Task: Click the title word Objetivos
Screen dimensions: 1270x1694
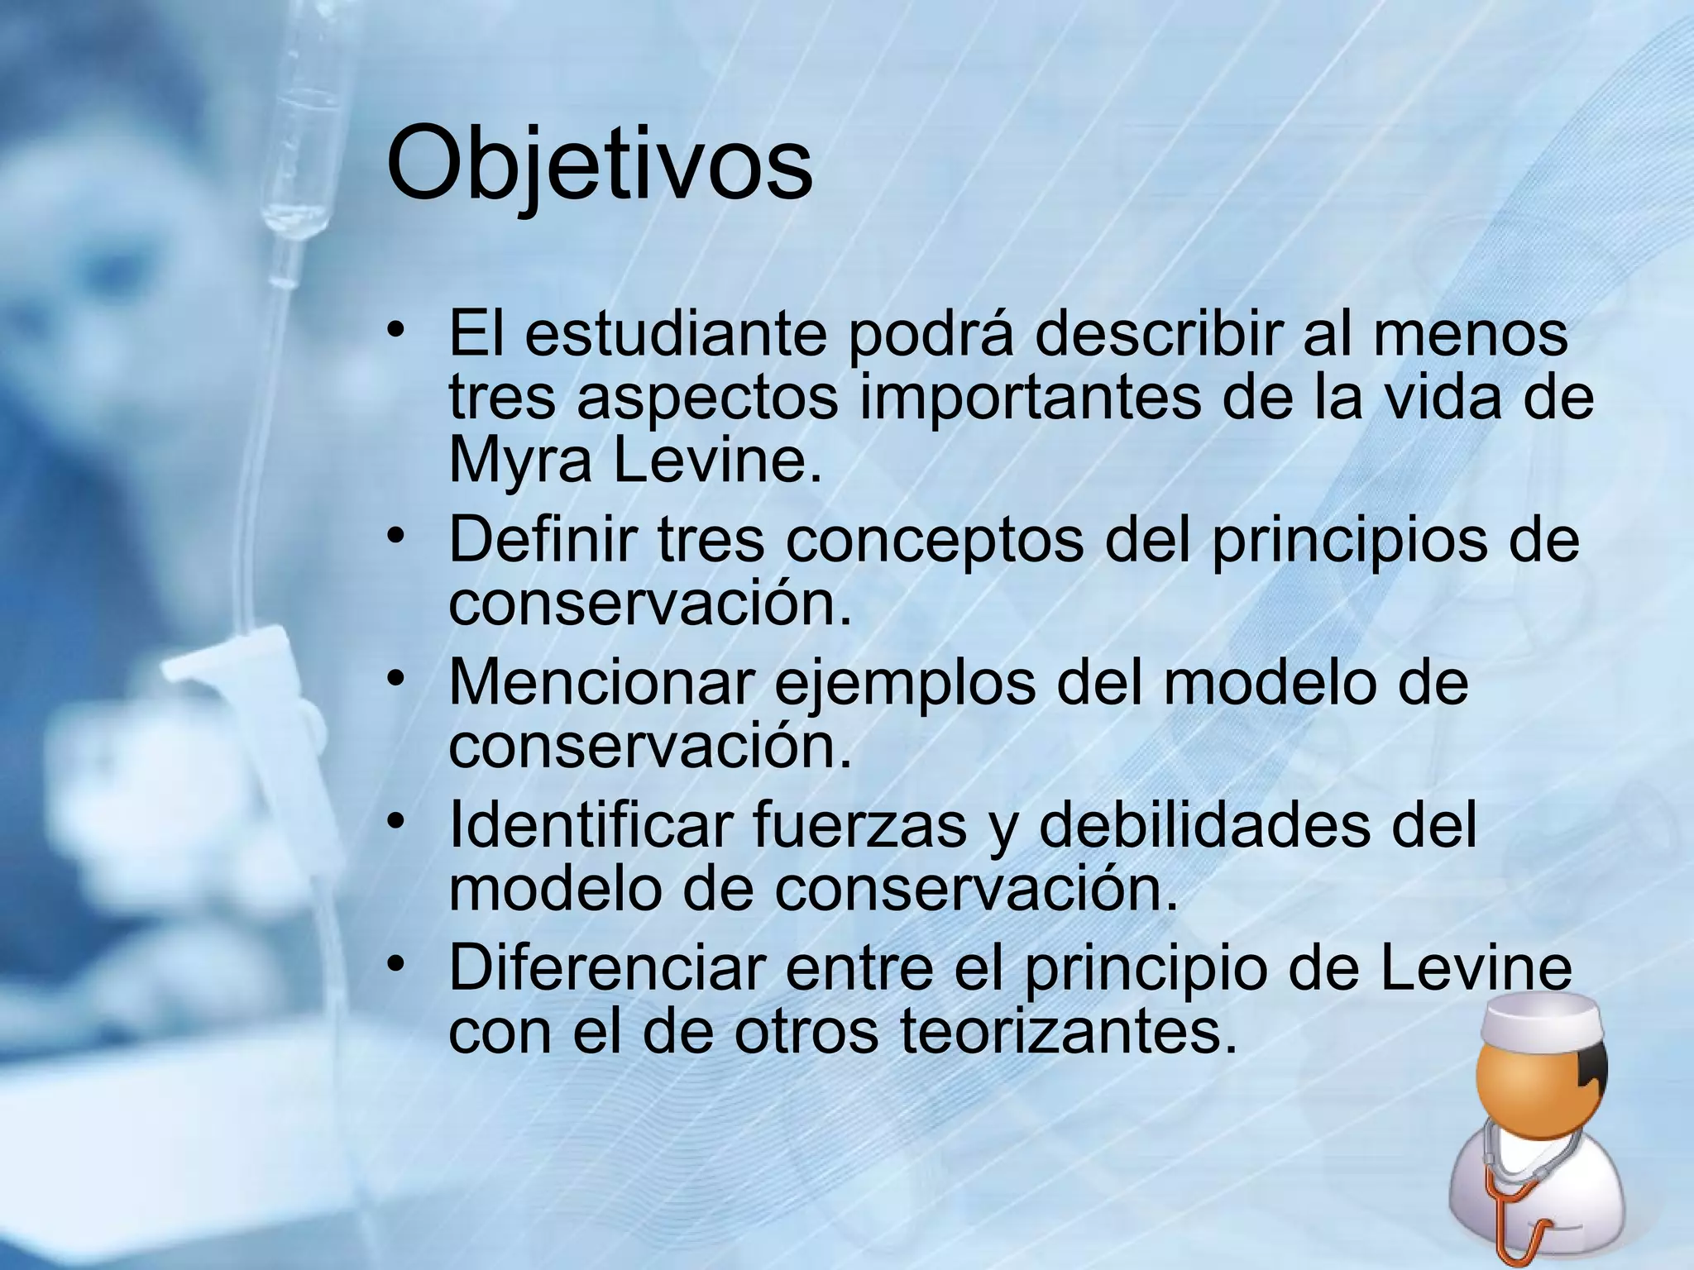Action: (x=599, y=165)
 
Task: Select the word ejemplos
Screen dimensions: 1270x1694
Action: (x=903, y=685)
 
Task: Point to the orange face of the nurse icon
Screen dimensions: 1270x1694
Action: (x=1522, y=1091)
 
